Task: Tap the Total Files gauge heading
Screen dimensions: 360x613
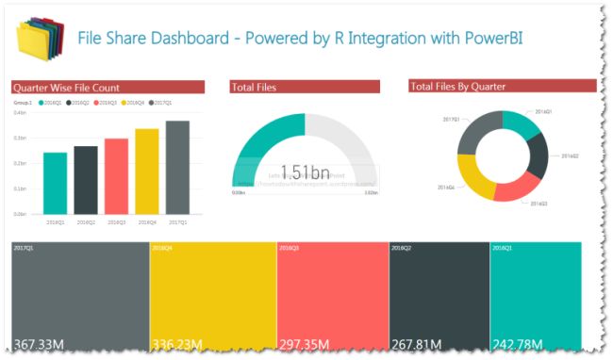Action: pos(254,87)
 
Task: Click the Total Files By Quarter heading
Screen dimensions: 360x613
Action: pos(458,86)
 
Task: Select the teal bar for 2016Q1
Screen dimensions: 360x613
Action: pos(55,183)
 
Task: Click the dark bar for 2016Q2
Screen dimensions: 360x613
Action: pos(86,180)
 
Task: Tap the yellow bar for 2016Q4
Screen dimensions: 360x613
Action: pos(147,172)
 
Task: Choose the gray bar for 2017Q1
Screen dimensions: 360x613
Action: pos(178,167)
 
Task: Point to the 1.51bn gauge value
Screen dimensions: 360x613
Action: pos(304,172)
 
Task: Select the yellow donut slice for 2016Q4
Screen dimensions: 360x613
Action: pos(472,178)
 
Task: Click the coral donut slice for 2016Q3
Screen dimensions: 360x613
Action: pos(515,188)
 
